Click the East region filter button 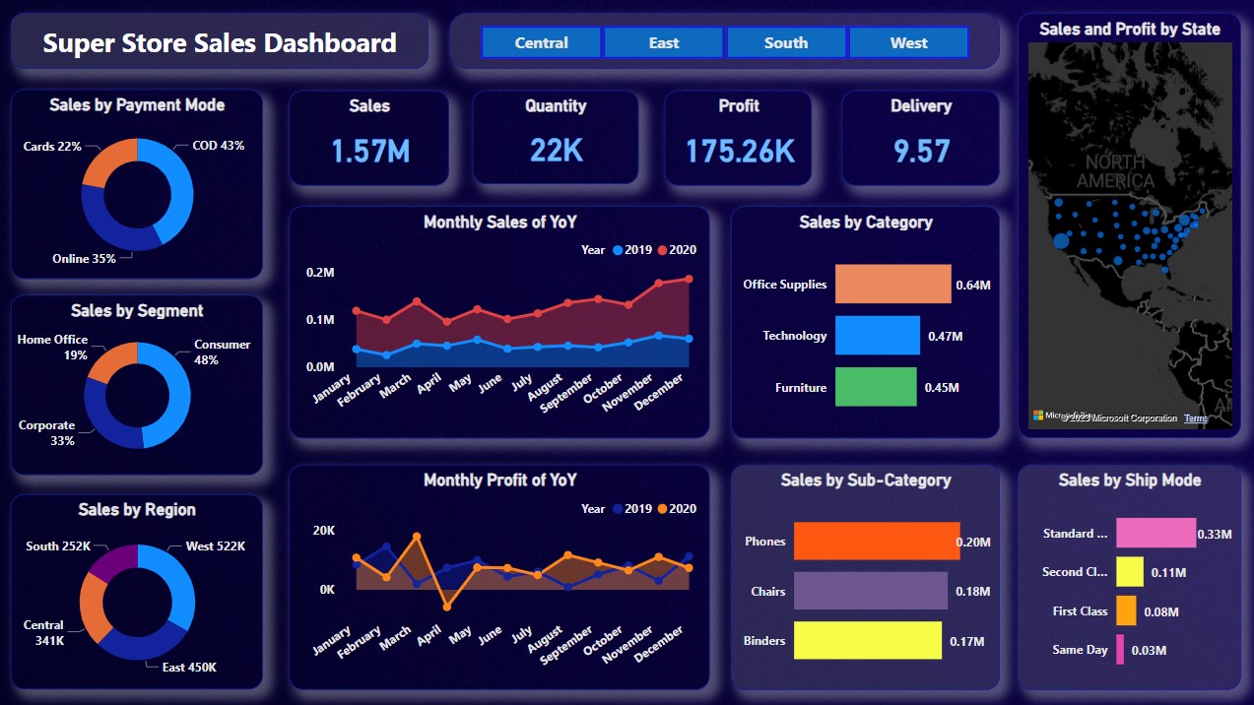pyautogui.click(x=663, y=43)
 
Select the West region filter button pyautogui.click(x=908, y=43)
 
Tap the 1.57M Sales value pyautogui.click(x=369, y=151)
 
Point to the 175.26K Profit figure pyautogui.click(x=740, y=151)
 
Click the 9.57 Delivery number pyautogui.click(x=921, y=151)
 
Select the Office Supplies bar pyautogui.click(x=892, y=284)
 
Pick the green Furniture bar pyautogui.click(x=876, y=387)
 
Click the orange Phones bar pyautogui.click(x=876, y=541)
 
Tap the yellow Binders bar pyautogui.click(x=867, y=640)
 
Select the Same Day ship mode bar pyautogui.click(x=1119, y=650)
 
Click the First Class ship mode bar pyautogui.click(x=1126, y=610)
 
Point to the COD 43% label pyautogui.click(x=218, y=146)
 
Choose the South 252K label pyautogui.click(x=58, y=546)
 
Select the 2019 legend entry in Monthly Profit pyautogui.click(x=630, y=509)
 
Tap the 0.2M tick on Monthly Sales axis pyautogui.click(x=321, y=273)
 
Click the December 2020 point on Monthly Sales pyautogui.click(x=689, y=279)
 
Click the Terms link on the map pyautogui.click(x=1195, y=418)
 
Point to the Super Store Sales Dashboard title pyautogui.click(x=220, y=43)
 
